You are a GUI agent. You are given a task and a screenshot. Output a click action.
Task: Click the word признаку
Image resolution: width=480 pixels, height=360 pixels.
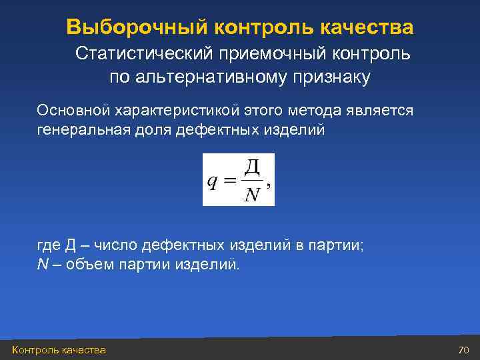click(x=331, y=78)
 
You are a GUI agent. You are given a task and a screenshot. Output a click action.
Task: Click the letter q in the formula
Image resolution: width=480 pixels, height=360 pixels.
click(x=211, y=182)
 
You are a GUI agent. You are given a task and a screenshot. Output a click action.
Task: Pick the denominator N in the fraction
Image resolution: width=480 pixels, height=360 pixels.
click(x=251, y=195)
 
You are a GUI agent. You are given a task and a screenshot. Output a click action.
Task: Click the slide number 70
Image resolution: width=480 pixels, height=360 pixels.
click(x=464, y=350)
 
